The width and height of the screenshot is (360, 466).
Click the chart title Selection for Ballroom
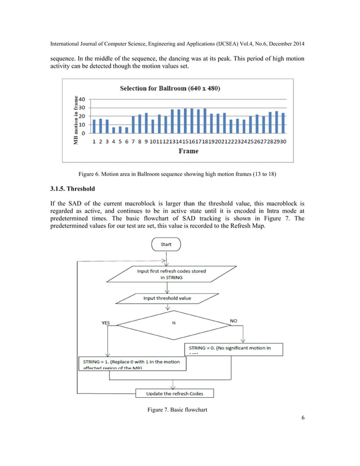(x=177, y=88)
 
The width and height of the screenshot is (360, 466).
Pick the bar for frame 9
(x=146, y=123)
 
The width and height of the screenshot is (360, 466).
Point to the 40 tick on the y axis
(x=82, y=99)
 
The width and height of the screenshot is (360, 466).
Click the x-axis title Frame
(x=188, y=151)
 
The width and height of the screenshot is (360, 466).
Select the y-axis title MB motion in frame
(x=75, y=120)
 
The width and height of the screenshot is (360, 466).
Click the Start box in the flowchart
(x=166, y=245)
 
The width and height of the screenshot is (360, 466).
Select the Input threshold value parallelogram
(x=167, y=298)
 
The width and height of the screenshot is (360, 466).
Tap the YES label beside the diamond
(x=106, y=323)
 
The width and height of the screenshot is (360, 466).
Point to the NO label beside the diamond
(x=234, y=320)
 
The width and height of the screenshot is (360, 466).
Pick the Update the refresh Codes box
(x=174, y=393)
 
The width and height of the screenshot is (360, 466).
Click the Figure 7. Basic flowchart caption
(x=177, y=408)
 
